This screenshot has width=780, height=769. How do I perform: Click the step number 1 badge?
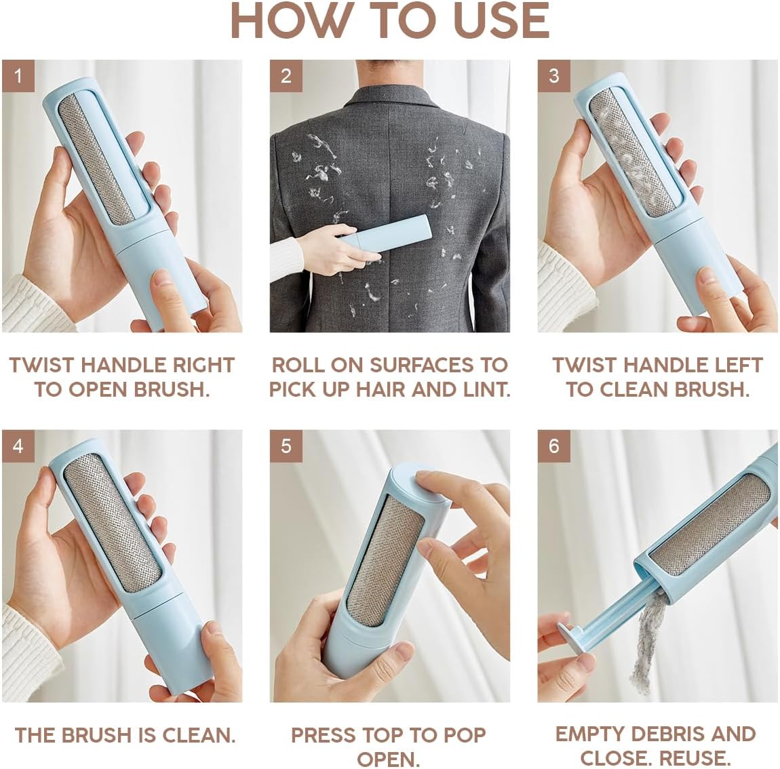(18, 75)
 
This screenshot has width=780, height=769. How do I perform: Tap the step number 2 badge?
(286, 75)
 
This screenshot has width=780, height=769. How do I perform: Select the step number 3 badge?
(553, 75)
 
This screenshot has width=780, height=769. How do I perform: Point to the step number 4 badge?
(18, 446)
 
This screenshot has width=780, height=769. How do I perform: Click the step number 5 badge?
(286, 446)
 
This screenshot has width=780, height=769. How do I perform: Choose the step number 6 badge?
(553, 446)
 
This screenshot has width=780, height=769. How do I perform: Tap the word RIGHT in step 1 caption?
(203, 365)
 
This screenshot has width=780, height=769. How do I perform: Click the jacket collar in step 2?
(391, 98)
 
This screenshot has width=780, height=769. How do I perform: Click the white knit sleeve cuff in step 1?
(27, 305)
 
